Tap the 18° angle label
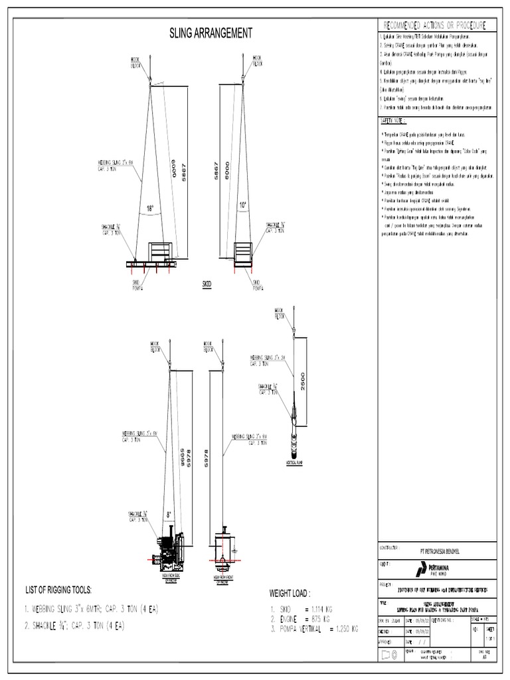tap(150, 209)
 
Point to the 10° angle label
tap(243, 207)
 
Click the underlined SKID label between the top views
tap(207, 284)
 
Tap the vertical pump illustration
tap(292, 425)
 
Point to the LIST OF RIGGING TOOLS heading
tap(58, 590)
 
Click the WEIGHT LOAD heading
tap(290, 593)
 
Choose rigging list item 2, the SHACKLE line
tap(75, 626)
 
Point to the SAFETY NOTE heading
tap(393, 122)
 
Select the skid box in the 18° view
tap(161, 252)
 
